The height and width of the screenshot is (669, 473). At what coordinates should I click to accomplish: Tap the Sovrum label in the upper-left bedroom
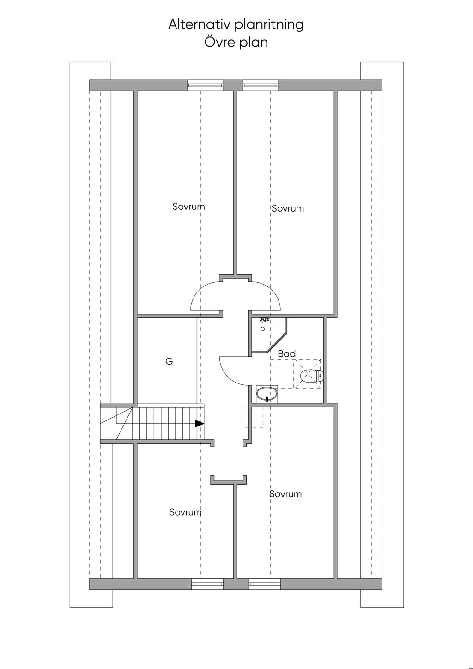point(189,207)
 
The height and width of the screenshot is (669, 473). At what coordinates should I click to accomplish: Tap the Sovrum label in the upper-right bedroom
point(288,208)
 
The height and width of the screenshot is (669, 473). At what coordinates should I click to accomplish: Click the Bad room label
point(287,353)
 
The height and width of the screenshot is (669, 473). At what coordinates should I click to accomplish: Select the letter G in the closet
point(169,361)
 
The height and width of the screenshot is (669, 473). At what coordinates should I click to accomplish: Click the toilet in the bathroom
point(311,376)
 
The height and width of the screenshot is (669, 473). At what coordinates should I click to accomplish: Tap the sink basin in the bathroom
point(267,394)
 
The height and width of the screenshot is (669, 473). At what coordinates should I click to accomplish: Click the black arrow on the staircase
point(200,424)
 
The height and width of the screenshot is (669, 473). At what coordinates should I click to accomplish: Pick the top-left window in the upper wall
point(205,85)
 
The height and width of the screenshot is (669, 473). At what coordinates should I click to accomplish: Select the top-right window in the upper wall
point(261,85)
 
